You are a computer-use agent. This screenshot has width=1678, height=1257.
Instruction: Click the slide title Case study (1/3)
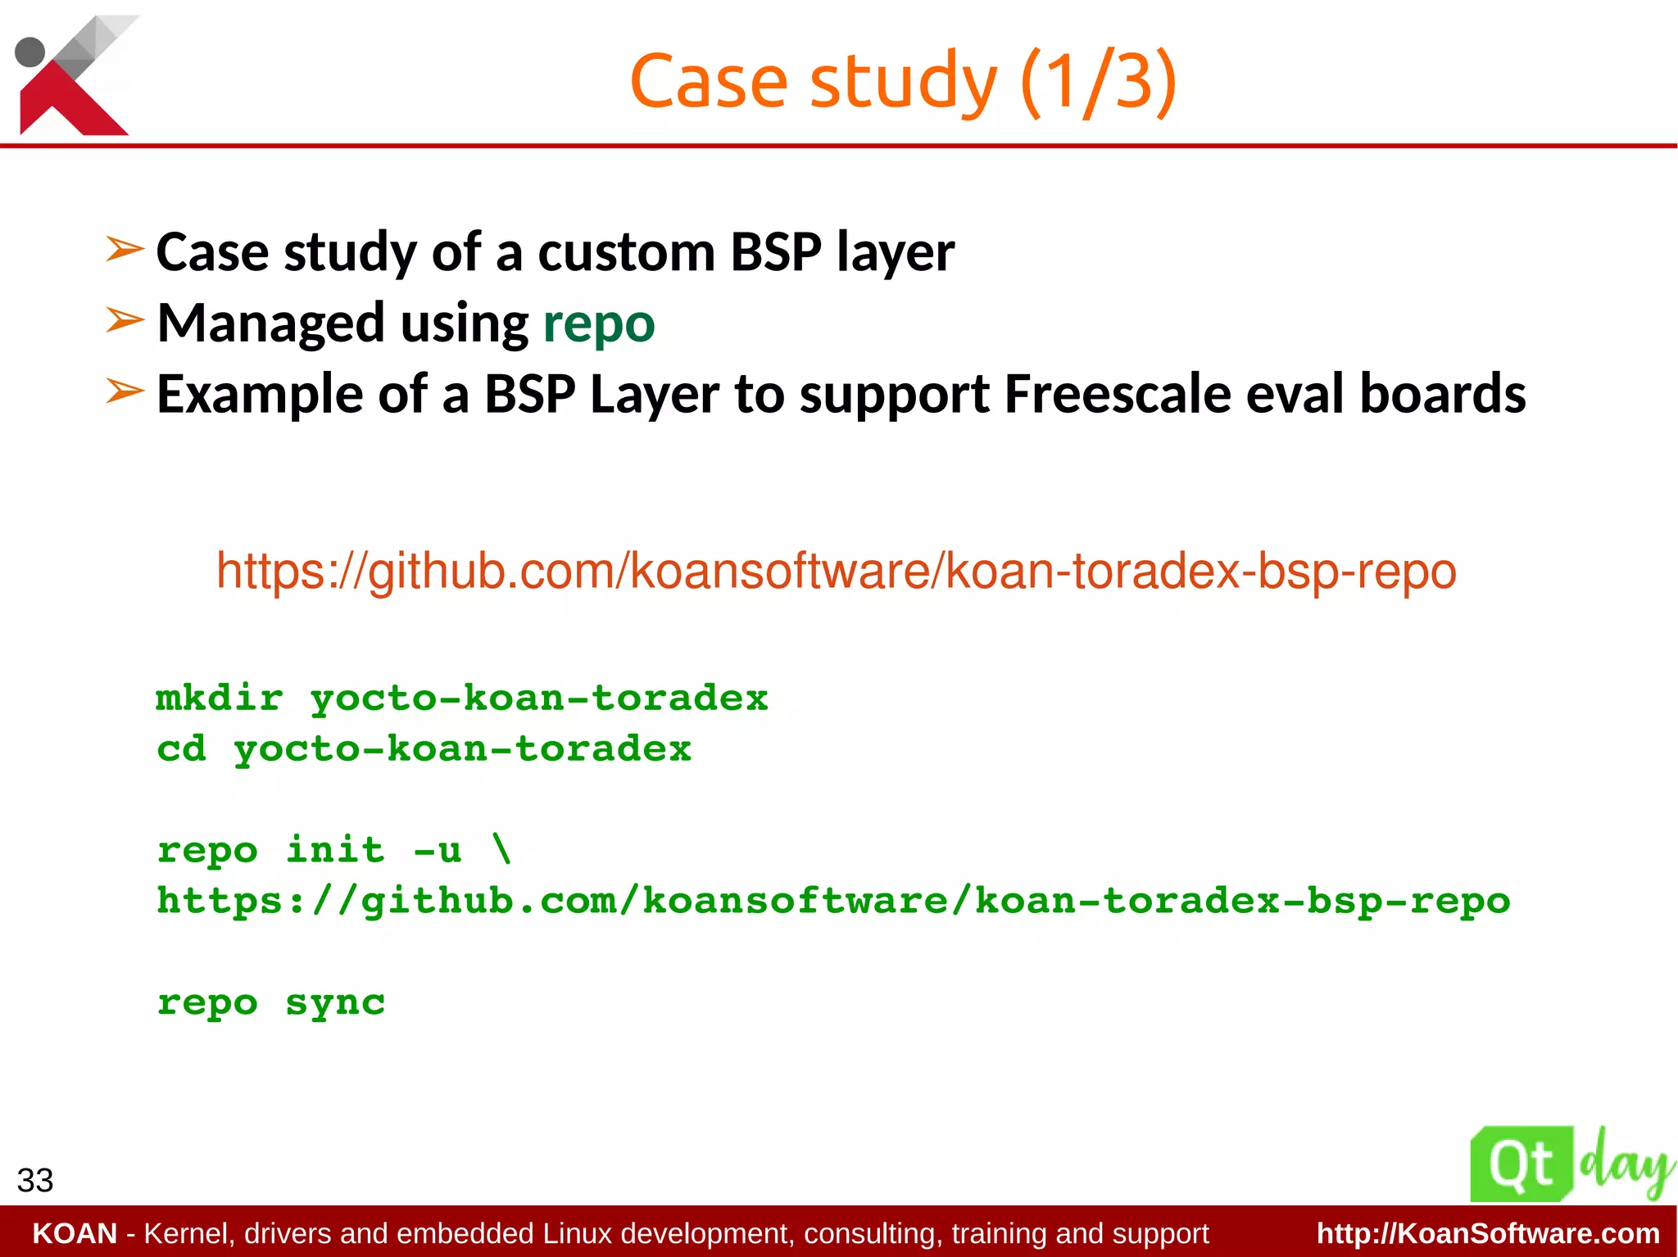[903, 81]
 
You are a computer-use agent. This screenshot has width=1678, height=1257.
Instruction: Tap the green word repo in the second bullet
[599, 323]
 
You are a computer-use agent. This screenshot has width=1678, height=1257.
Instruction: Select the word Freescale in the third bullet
[1117, 395]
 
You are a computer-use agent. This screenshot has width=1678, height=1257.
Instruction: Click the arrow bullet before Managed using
[125, 321]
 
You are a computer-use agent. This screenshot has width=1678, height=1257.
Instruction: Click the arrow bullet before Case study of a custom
[125, 249]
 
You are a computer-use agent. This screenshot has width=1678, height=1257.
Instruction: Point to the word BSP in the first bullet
[775, 252]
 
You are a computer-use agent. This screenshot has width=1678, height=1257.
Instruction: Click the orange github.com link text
[836, 571]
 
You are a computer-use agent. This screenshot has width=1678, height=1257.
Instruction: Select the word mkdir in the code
[220, 699]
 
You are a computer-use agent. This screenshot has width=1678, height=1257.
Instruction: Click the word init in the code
[335, 850]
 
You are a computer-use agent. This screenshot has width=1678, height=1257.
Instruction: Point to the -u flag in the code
[438, 850]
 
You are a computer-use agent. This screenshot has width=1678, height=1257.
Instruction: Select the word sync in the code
[335, 1003]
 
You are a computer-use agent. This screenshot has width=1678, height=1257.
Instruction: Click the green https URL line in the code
[833, 902]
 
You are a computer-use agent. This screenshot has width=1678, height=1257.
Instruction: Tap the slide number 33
[35, 1181]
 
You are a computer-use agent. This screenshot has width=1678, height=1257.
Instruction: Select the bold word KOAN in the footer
[75, 1233]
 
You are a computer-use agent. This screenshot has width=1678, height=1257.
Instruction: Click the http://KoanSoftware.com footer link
[1488, 1233]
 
